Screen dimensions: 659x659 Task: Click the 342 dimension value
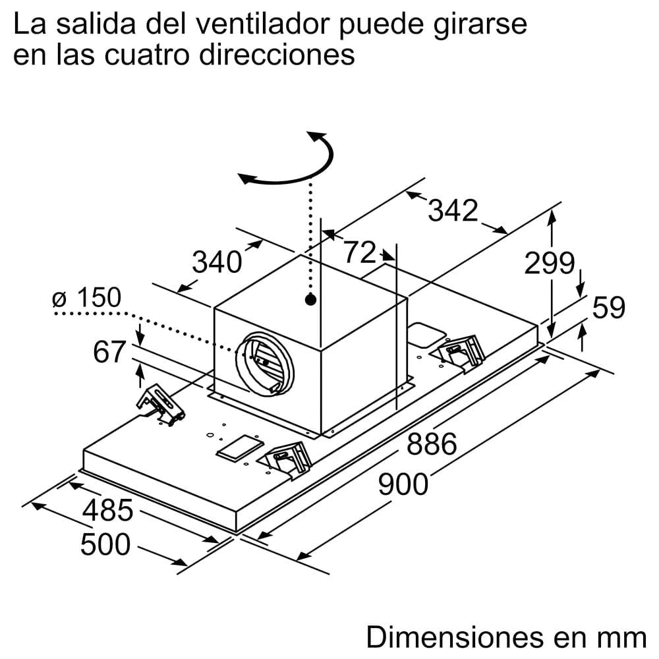coord(453,211)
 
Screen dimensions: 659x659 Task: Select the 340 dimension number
coord(216,262)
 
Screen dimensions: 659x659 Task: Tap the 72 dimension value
coord(360,252)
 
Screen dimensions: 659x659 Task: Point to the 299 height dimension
coord(550,264)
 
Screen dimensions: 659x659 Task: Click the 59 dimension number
coord(608,308)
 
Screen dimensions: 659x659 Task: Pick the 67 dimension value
coord(109,353)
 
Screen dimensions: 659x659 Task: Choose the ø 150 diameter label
coord(87,299)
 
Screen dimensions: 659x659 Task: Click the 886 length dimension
coord(432,445)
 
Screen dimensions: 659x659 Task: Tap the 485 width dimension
coord(108,511)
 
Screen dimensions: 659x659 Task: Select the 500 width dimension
coord(105,545)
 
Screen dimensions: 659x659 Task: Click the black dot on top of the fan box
coord(310,301)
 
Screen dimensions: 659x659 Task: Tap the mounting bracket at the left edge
coord(160,403)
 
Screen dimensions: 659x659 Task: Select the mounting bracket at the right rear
coord(461,350)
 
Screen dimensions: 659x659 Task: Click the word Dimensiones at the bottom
coord(451,637)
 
